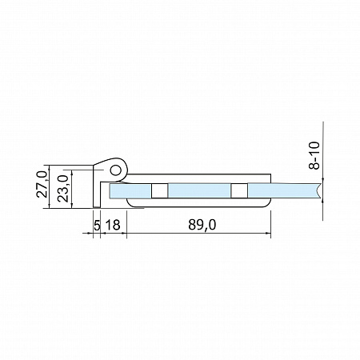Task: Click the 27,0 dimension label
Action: (x=42, y=184)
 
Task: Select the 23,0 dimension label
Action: (x=63, y=188)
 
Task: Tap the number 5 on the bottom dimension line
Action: (x=97, y=225)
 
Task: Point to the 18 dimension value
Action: (x=113, y=225)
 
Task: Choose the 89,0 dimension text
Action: (x=202, y=225)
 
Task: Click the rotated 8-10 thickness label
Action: (x=314, y=156)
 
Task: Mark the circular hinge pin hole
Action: (x=116, y=170)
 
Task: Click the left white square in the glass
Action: (x=159, y=191)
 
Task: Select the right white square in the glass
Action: (x=239, y=191)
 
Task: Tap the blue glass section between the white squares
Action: (x=199, y=191)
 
